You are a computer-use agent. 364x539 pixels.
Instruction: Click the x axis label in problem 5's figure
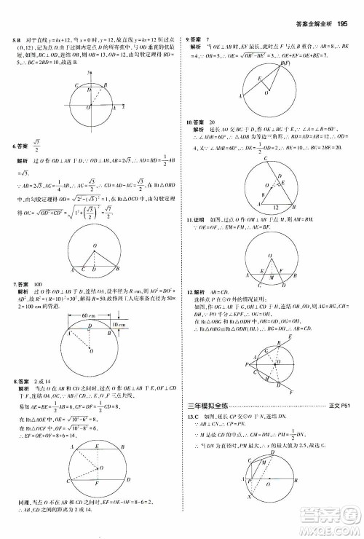click(x=124, y=106)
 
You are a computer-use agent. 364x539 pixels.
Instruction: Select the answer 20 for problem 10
click(x=213, y=122)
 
